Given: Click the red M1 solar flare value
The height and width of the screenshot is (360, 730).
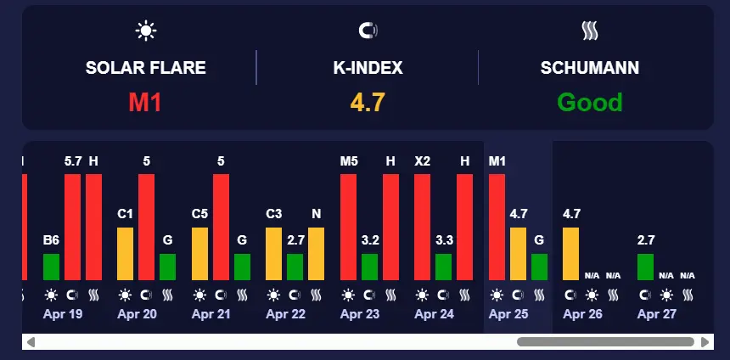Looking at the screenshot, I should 145,103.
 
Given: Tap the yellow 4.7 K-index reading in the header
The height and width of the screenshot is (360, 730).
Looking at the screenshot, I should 368,103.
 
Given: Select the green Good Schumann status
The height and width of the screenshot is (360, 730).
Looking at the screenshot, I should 590,103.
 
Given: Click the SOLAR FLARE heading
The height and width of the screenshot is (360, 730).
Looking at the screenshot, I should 145,68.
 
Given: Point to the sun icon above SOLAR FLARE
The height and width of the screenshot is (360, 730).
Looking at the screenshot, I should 146,31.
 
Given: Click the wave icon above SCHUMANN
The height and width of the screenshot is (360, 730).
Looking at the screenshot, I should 590,31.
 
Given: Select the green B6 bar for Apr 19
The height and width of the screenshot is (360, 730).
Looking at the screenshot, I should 51,267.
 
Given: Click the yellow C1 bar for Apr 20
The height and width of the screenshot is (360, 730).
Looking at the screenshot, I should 125,254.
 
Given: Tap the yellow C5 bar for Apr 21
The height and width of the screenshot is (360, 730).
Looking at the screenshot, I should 199,254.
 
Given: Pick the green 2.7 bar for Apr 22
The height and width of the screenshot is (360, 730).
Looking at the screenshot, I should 295,267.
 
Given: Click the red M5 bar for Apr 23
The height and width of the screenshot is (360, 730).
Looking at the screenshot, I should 348,227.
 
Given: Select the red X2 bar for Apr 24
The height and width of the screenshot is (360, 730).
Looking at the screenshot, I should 422,227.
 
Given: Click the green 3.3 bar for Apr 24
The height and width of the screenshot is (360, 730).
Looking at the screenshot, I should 443,267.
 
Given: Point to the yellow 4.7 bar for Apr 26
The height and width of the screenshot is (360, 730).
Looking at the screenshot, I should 570,254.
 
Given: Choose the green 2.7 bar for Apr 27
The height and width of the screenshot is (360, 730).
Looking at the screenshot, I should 645,267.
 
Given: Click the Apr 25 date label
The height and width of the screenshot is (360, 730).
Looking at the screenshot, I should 508,314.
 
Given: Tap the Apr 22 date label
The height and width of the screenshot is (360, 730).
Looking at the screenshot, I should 285,314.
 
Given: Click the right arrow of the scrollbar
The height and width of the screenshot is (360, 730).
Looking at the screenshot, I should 705,342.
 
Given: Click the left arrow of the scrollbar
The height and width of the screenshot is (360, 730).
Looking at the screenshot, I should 31,342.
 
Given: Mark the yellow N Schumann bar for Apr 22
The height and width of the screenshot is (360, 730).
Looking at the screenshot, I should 316,254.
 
